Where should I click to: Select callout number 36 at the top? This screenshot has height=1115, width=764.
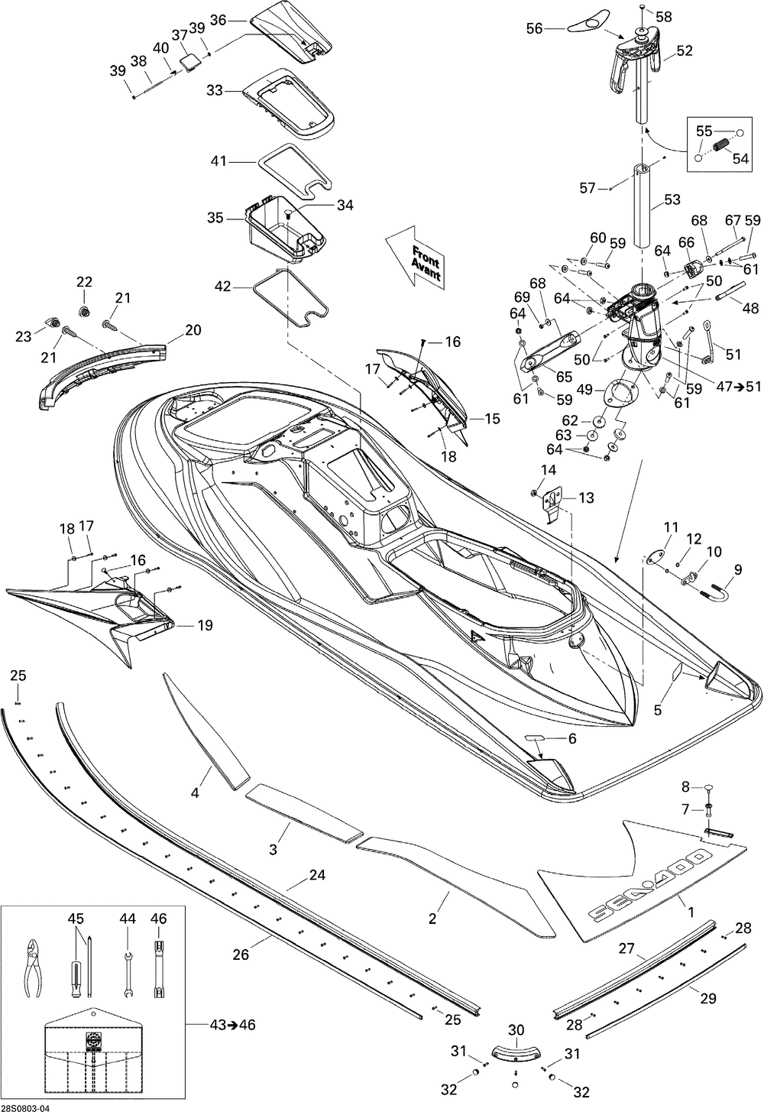(219, 21)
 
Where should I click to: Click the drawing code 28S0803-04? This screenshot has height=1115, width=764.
(25, 1108)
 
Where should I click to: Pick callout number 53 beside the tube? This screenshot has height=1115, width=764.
(672, 199)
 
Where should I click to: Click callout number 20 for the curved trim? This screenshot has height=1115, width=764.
(193, 329)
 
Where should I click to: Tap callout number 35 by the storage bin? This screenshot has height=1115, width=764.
(215, 218)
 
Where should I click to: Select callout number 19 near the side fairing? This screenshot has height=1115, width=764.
(204, 625)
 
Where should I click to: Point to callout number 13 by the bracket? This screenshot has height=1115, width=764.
(586, 498)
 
